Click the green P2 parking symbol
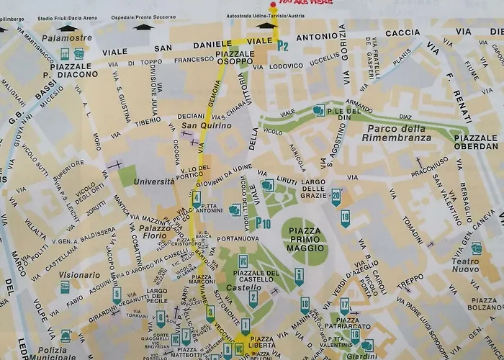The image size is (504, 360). tap(282, 45)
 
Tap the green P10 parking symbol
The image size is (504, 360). tap(263, 224)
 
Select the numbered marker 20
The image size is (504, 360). tap(336, 195)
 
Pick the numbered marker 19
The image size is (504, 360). tap(346, 217)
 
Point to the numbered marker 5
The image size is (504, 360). tap(117, 294)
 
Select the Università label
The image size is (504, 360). tap(153, 181)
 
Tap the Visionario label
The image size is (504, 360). tap(80, 275)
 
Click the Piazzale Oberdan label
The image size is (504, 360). tap(475, 143)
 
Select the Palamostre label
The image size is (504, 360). tap(66, 37)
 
